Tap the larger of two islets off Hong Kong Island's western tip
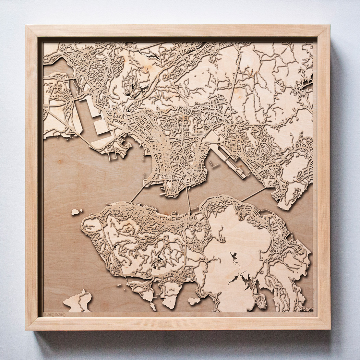point(75,212)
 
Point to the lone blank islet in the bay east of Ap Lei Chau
point(194,301)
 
